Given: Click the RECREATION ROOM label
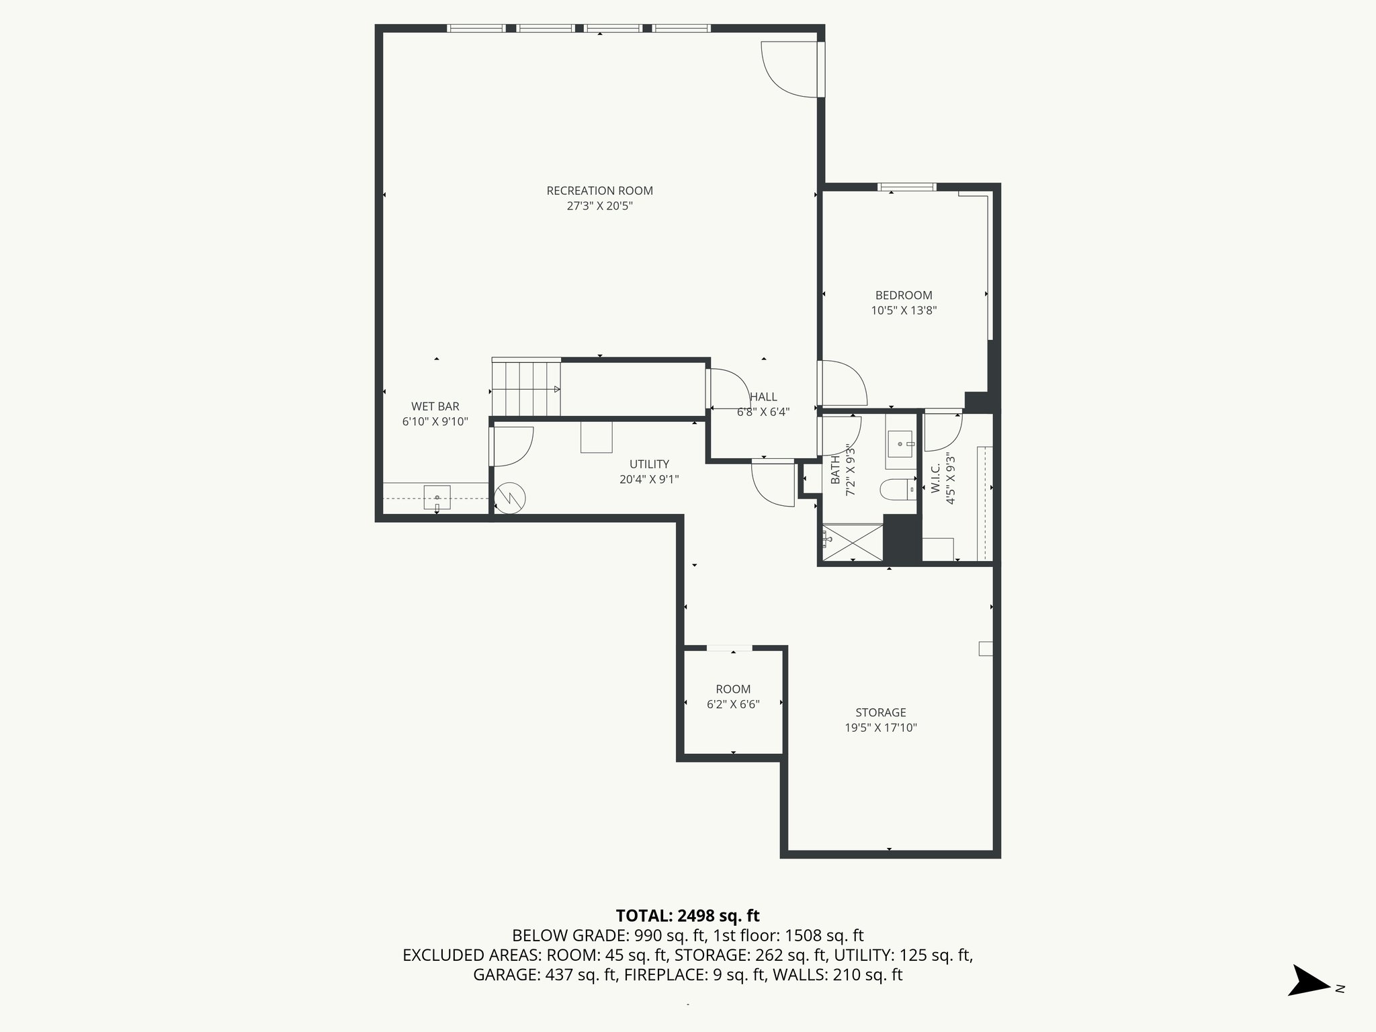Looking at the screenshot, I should [x=599, y=191].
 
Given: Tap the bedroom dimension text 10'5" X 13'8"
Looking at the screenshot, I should [x=904, y=310].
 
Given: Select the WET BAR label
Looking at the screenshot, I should [x=435, y=406].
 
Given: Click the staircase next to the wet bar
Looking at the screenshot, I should [x=526, y=389].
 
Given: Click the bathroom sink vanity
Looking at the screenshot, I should [x=900, y=444].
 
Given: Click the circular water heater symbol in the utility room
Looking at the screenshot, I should [x=510, y=499].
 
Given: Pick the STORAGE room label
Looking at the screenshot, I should [x=880, y=712].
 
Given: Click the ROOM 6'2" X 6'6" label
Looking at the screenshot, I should [x=733, y=697].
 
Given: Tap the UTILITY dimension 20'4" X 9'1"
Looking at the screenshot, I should [x=649, y=479].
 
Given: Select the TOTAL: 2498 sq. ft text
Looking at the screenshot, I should [x=687, y=916].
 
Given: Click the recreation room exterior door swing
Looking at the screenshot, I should [x=789, y=69].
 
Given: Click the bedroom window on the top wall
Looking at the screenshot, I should [x=906, y=187].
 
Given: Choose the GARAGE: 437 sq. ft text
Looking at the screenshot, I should [x=545, y=975].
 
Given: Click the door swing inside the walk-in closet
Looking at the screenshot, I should [x=943, y=432].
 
